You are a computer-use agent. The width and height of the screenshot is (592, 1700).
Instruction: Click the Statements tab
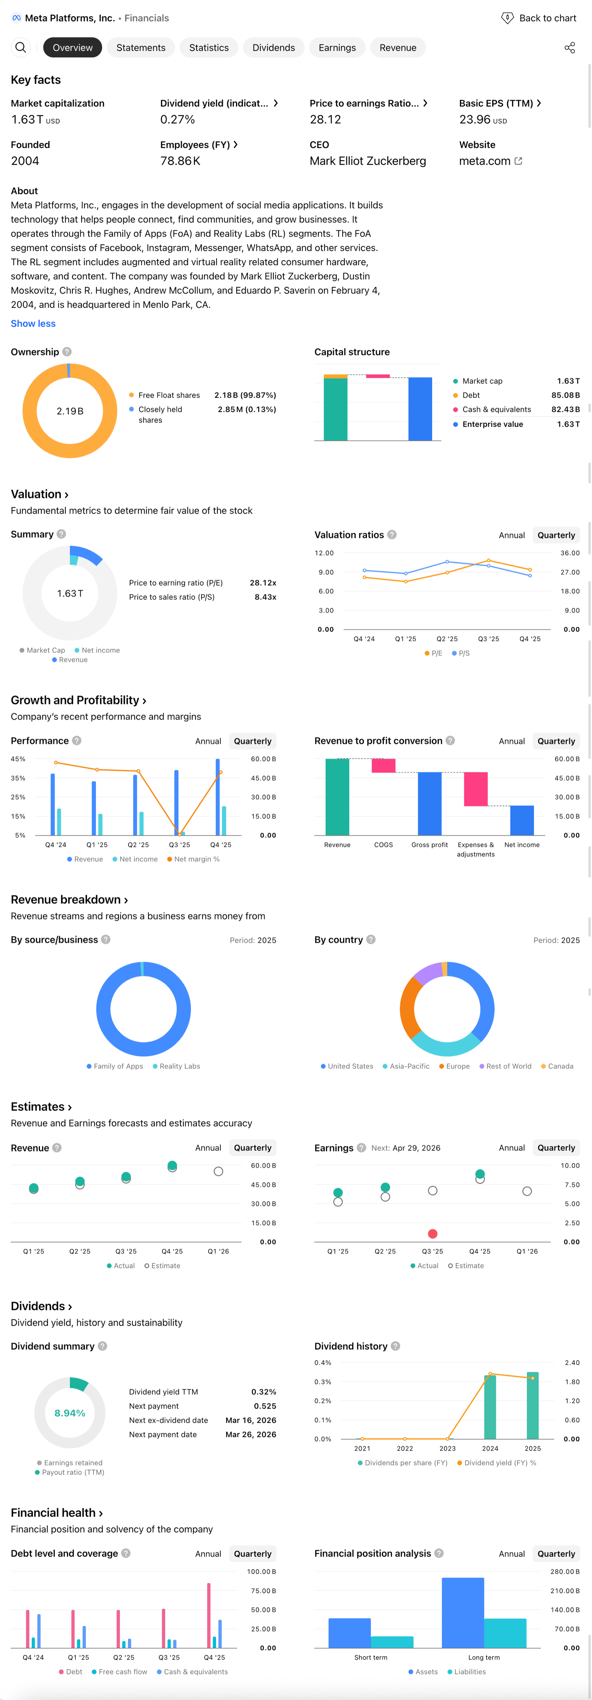coord(141,47)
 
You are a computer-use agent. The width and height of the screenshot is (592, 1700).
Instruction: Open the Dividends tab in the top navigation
coord(273,47)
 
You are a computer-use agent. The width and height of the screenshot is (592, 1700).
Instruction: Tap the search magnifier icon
coord(20,47)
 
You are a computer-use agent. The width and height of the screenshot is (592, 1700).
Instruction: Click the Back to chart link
coord(539,18)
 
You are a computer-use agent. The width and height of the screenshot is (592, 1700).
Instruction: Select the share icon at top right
coord(569,47)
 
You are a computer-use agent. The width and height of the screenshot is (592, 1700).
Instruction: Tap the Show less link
coord(33,323)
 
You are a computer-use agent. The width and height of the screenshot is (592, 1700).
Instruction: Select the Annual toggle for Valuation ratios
coord(511,535)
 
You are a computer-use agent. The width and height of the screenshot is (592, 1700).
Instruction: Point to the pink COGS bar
coord(383,765)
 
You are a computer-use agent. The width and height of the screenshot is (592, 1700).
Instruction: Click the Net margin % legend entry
coord(194,859)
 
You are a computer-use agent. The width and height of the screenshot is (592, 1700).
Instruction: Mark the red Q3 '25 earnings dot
coord(432,1234)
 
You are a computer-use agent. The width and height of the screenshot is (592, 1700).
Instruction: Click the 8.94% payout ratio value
coord(70,1413)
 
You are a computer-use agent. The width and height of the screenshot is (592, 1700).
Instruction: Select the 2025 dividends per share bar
coord(532,1406)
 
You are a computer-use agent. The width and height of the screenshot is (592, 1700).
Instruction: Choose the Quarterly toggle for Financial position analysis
coord(556,1554)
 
